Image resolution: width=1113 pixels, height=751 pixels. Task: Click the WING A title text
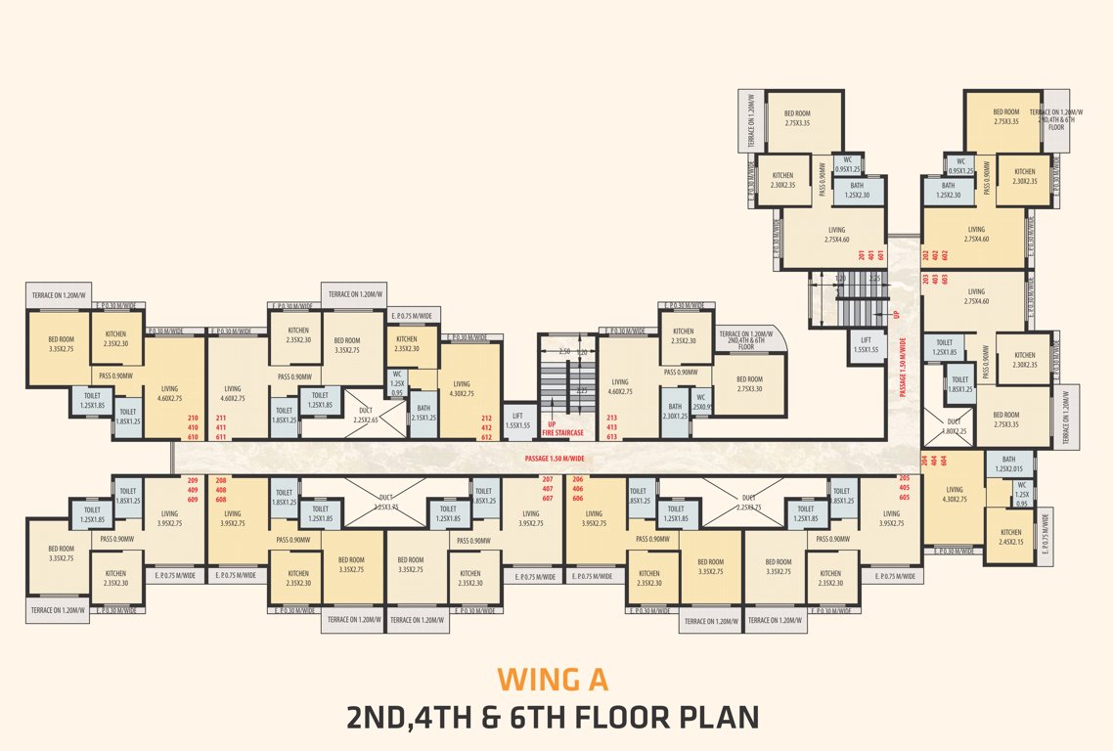[x=553, y=678]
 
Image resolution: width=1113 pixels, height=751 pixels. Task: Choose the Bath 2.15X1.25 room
[x=423, y=414]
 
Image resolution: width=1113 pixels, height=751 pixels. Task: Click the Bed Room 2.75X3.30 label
[x=749, y=383]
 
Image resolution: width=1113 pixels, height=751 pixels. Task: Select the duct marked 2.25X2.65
[x=368, y=415]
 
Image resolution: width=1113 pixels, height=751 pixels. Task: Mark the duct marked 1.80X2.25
[x=954, y=425]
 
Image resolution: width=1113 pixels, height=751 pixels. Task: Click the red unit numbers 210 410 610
[x=193, y=427]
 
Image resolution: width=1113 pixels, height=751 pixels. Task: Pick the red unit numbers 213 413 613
[x=611, y=427]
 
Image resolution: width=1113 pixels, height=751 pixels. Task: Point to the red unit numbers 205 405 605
[x=903, y=488]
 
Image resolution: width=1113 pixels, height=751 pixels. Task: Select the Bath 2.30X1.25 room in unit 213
[x=674, y=411]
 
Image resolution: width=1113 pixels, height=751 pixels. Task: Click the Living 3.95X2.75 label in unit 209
[x=168, y=518]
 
